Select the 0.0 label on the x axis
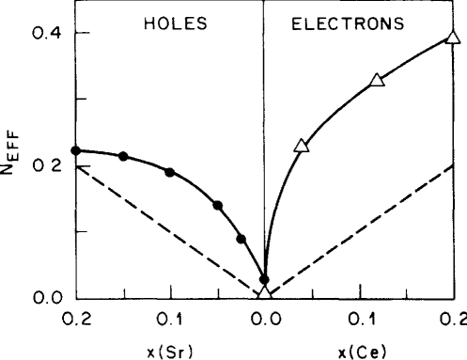(x=263, y=320)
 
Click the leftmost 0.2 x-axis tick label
(x=74, y=320)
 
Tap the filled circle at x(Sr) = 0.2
(x=76, y=150)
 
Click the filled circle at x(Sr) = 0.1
(x=170, y=172)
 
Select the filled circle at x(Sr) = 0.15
(x=123, y=156)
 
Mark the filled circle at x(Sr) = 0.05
(x=218, y=205)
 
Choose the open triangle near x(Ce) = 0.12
(x=378, y=80)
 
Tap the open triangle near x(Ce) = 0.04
(x=302, y=146)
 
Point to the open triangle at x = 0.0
(x=265, y=293)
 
